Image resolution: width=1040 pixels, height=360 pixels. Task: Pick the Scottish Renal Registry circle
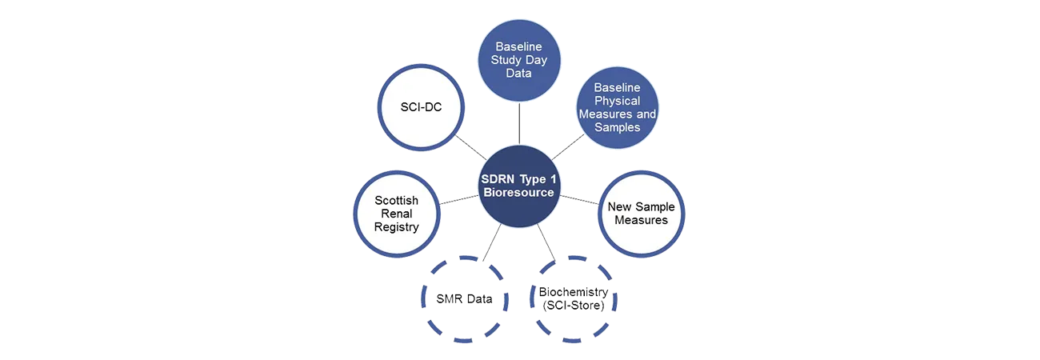point(396,213)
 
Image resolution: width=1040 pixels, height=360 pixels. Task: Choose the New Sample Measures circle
point(641,213)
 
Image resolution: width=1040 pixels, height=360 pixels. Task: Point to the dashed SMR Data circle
point(463,298)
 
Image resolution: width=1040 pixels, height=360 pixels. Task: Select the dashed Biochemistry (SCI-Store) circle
point(573,298)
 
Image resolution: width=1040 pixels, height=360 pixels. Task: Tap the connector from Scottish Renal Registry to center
point(458,199)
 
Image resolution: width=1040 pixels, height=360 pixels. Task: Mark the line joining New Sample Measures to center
point(581,199)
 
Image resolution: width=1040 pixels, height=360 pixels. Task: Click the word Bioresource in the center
point(518,193)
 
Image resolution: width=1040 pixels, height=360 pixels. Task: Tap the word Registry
point(396,227)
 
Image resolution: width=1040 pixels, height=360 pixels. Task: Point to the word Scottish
point(396,199)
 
